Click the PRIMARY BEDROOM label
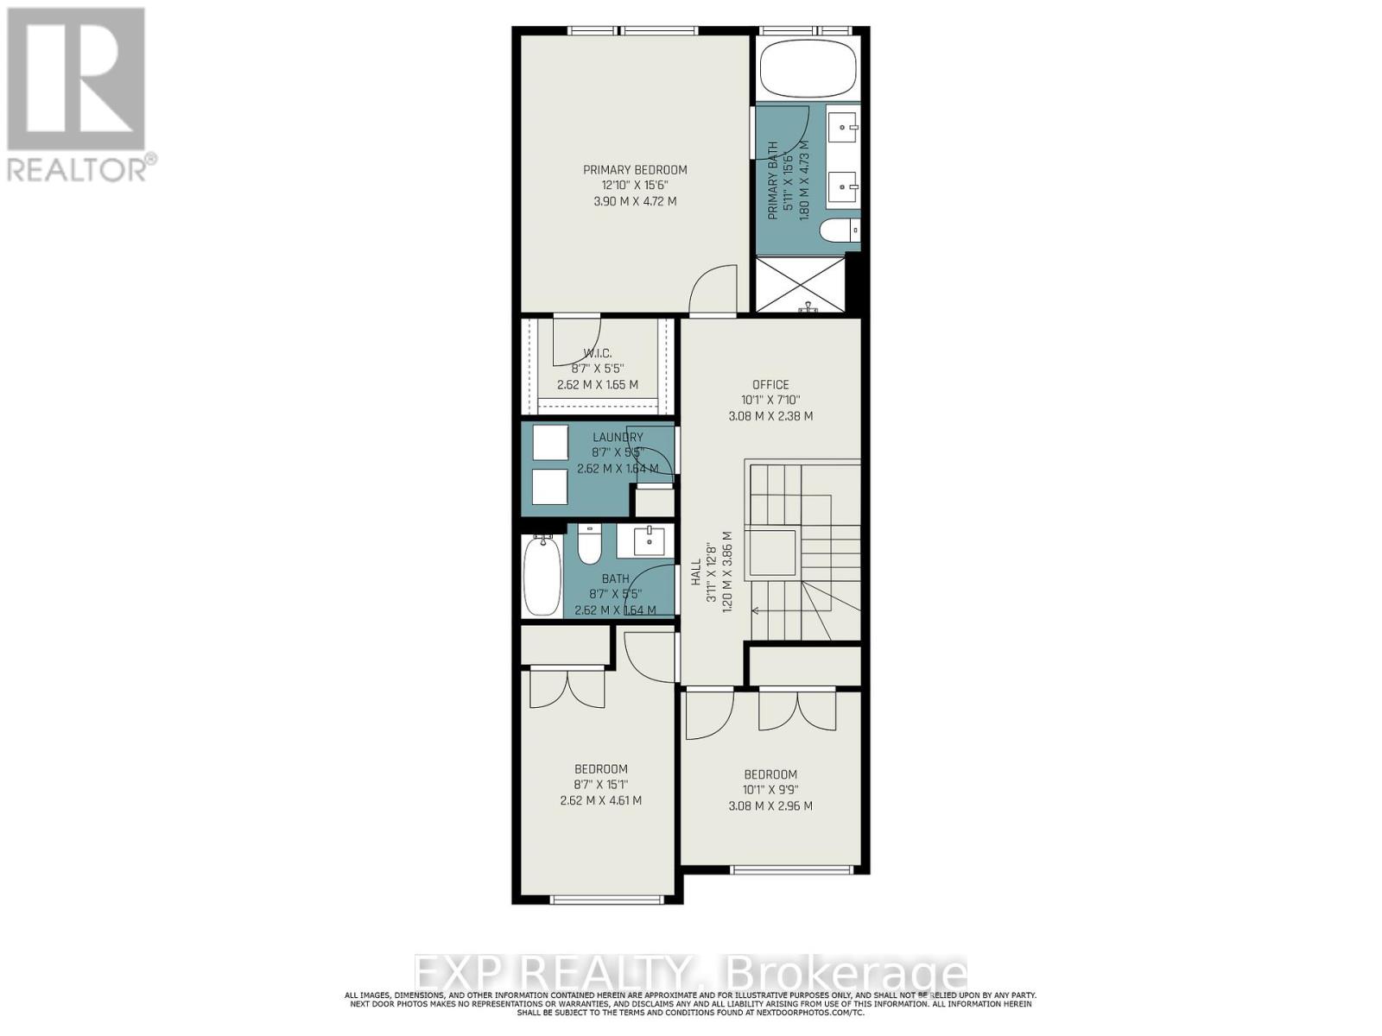635,170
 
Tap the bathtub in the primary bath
808,68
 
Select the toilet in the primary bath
839,231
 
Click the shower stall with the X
799,284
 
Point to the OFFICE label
770,385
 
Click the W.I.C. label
597,353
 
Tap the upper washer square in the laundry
549,443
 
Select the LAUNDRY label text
618,438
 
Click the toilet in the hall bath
590,544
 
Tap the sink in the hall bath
649,542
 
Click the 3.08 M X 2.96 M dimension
770,806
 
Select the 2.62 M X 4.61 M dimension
600,800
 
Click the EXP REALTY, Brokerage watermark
690,974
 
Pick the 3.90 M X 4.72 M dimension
635,201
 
